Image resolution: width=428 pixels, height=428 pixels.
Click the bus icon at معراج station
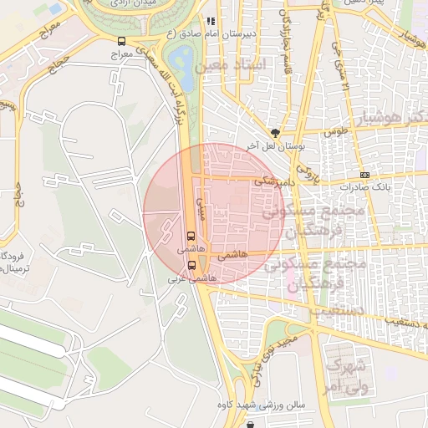click(122, 41)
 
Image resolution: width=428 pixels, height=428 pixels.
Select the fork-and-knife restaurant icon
click(211, 21)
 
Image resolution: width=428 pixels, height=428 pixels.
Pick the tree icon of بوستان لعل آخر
click(275, 133)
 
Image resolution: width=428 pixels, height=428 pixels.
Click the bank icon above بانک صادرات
click(364, 174)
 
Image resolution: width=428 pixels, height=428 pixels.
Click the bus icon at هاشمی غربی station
click(192, 265)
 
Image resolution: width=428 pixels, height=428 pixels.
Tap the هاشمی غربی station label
click(192, 278)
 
